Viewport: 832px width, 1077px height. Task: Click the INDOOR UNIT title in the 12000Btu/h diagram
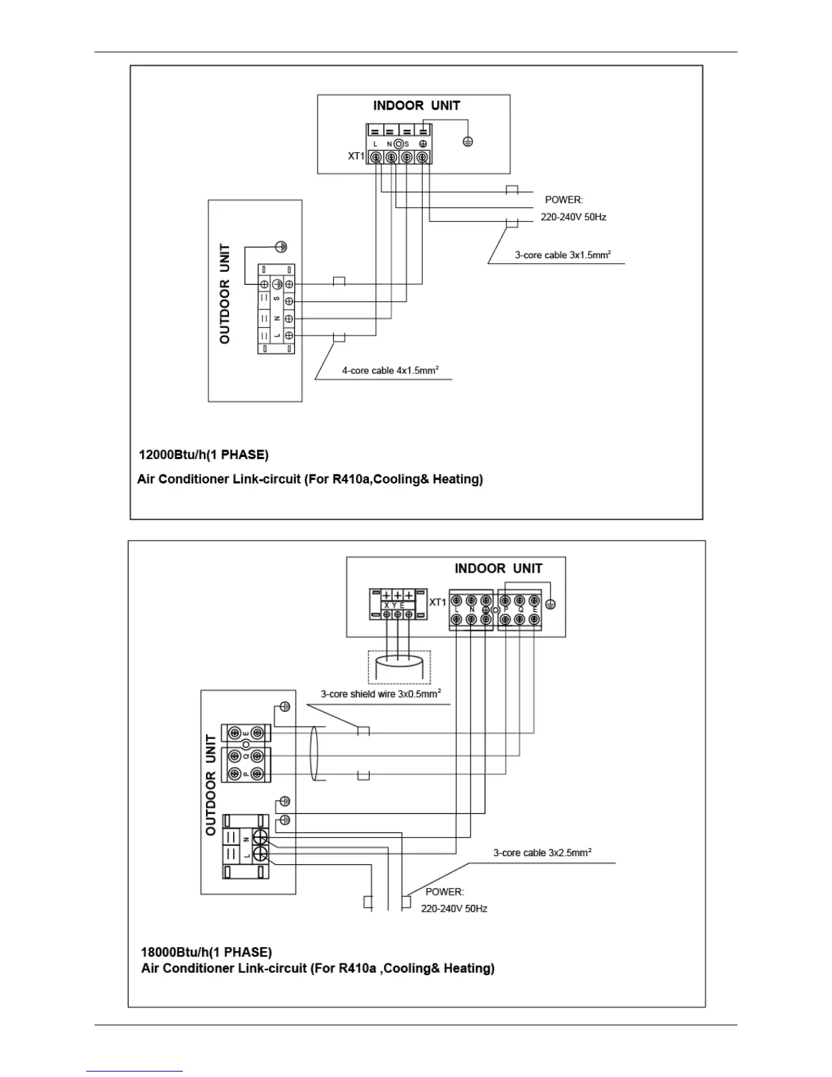[416, 105]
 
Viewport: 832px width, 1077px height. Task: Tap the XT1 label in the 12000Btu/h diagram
[356, 156]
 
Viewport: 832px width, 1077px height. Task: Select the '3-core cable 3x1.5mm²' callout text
[562, 255]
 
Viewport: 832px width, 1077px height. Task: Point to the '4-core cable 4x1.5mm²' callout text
[389, 371]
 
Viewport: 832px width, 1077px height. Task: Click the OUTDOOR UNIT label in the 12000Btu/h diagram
[225, 294]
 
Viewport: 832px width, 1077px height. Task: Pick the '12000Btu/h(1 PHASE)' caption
[203, 454]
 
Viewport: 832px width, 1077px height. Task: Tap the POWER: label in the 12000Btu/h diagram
[564, 200]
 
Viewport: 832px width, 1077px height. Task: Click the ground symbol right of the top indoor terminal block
[468, 141]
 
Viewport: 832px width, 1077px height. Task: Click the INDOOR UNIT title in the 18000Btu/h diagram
[498, 568]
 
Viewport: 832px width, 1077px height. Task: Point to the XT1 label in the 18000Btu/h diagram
[438, 602]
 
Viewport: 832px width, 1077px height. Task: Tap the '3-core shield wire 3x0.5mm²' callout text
[381, 694]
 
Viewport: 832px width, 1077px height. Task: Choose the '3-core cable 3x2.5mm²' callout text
[542, 853]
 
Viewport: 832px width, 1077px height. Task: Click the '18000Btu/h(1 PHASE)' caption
[206, 952]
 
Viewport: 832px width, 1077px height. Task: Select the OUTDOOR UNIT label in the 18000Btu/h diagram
[211, 785]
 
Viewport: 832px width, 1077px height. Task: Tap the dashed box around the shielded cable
[400, 667]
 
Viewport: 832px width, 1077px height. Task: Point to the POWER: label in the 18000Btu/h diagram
[445, 891]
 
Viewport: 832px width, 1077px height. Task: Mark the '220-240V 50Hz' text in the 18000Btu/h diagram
[454, 908]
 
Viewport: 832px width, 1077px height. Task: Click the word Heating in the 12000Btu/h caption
[457, 479]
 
